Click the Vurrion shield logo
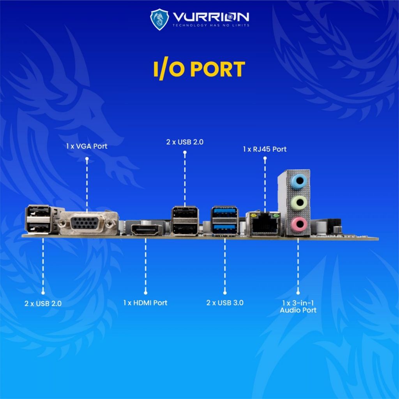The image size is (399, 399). pyautogui.click(x=159, y=19)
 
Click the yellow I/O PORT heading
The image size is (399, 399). pyautogui.click(x=199, y=69)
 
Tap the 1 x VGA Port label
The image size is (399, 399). pyautogui.click(x=87, y=147)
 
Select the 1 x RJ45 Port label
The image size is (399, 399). pyautogui.click(x=265, y=149)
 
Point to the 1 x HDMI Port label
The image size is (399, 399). pyautogui.click(x=145, y=303)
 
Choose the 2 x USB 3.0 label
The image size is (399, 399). pyautogui.click(x=225, y=303)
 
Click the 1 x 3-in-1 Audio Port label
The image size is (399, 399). pyautogui.click(x=298, y=306)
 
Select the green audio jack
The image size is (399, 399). pyautogui.click(x=298, y=203)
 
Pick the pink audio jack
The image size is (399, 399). pyautogui.click(x=298, y=224)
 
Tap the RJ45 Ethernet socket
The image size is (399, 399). pyautogui.click(x=263, y=223)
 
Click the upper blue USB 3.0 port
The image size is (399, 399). pyautogui.click(x=225, y=211)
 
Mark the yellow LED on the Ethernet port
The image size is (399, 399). pyautogui.click(x=253, y=216)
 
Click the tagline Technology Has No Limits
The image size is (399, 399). pyautogui.click(x=211, y=25)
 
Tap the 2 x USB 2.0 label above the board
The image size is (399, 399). pyautogui.click(x=185, y=142)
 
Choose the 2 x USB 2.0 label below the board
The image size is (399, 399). pyautogui.click(x=43, y=303)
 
